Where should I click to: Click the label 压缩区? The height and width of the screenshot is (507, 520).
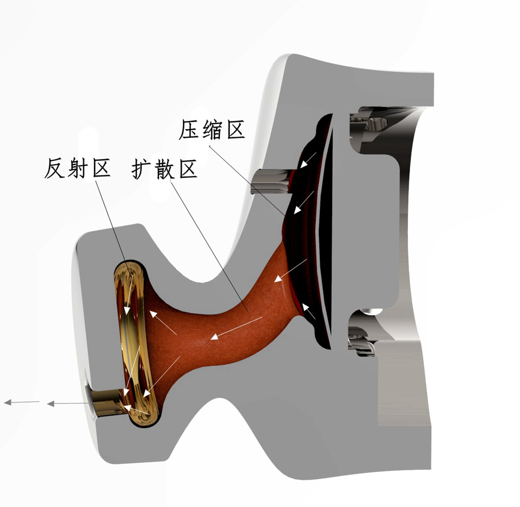212,130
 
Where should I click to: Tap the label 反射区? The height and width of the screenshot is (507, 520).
78,168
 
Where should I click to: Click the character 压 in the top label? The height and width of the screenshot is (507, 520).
189,130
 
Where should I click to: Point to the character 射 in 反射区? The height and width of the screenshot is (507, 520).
78,168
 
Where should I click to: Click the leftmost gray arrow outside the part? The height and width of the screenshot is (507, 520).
22,402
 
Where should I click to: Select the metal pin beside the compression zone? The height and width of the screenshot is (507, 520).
270,182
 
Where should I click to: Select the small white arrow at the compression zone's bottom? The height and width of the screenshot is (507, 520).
309,311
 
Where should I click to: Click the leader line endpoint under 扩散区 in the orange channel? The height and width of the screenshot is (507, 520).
248,312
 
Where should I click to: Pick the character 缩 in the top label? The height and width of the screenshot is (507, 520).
212,130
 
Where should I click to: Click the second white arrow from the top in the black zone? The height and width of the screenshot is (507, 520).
304,202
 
